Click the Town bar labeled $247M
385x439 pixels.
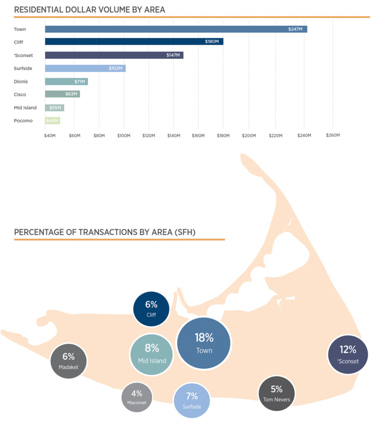(176, 29)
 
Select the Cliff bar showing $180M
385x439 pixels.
(134, 42)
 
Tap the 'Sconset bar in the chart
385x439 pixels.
(114, 55)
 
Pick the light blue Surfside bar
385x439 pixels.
(85, 69)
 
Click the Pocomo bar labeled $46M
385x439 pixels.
(52, 121)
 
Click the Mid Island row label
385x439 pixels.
(25, 108)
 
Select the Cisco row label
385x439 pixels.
(20, 94)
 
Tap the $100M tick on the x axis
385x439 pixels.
(124, 135)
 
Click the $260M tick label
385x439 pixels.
(333, 135)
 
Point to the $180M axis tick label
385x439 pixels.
(223, 135)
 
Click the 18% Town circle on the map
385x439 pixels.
(204, 343)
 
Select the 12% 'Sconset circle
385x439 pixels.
(348, 355)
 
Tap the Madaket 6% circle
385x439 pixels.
(69, 361)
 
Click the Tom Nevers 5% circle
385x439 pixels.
(277, 394)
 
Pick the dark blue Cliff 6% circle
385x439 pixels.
(151, 309)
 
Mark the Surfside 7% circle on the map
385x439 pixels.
(192, 400)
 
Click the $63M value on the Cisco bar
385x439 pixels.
(71, 94)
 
